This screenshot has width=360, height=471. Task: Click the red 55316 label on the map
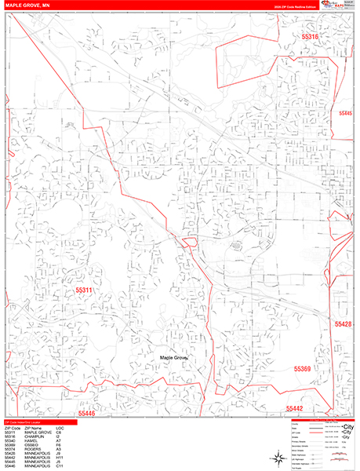(x=311, y=37)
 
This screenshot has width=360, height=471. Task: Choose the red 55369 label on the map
(x=303, y=368)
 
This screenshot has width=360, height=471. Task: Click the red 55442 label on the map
(x=294, y=408)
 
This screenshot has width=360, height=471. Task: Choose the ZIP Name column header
(x=34, y=429)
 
